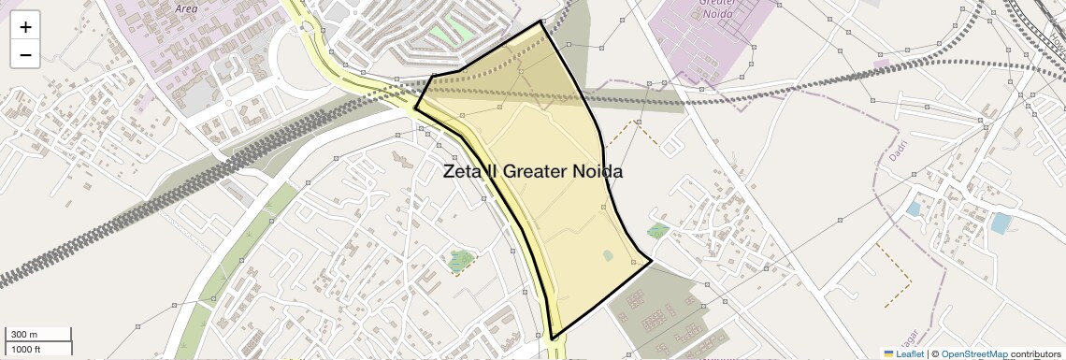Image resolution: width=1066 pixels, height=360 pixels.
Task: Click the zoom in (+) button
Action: (x=25, y=27)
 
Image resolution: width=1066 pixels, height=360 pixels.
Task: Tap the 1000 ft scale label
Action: (x=25, y=350)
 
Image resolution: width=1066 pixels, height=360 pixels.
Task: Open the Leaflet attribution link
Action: (x=910, y=354)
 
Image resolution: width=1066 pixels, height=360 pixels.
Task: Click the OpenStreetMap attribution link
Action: (x=974, y=354)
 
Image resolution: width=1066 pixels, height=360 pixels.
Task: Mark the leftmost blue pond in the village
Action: (x=913, y=209)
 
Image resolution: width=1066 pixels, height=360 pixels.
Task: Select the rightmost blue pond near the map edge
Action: (x=1001, y=223)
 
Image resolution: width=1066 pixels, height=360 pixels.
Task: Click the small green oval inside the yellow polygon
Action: (x=608, y=255)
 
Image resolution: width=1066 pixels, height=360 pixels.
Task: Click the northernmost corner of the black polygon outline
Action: (x=542, y=21)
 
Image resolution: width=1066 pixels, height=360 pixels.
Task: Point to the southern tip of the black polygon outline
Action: (x=553, y=338)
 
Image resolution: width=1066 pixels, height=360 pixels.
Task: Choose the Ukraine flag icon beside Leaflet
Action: (x=888, y=354)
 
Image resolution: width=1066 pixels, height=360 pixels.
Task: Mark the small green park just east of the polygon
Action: (x=658, y=230)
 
